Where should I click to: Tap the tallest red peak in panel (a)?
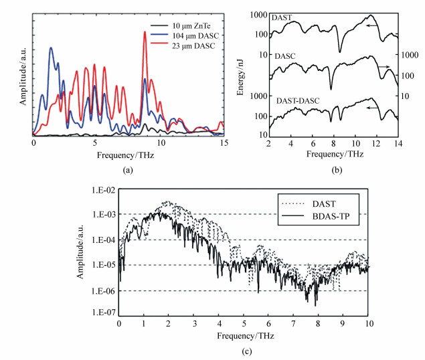[x=145, y=32]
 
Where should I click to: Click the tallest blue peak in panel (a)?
[x=51, y=48]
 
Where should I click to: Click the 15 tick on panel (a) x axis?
[x=223, y=143]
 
